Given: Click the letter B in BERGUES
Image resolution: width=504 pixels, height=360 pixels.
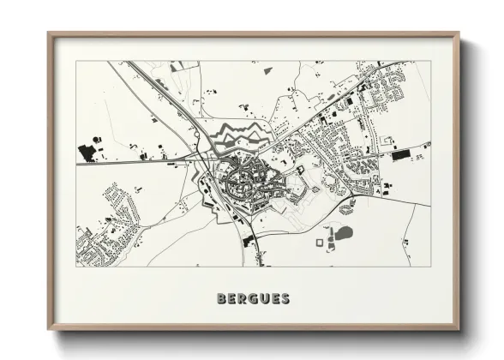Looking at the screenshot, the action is (x=222, y=299).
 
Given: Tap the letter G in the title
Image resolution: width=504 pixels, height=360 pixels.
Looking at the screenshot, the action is (x=253, y=299).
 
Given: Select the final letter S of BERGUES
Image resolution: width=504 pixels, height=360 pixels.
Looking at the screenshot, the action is (x=285, y=299).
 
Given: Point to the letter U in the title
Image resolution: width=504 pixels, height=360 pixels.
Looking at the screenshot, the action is (x=263, y=299).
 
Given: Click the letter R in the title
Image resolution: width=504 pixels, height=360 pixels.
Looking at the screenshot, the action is (x=243, y=299).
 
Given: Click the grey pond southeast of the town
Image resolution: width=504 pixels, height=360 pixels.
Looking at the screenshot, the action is (x=343, y=232).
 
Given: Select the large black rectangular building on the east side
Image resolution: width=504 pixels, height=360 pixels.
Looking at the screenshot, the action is (x=401, y=155).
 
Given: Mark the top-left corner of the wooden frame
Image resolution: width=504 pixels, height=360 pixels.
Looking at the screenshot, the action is (x=49, y=33).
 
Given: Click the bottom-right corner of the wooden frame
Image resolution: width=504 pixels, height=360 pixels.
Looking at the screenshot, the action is (x=459, y=330).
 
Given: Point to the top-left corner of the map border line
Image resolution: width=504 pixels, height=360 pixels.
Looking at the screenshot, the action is (x=75, y=61).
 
